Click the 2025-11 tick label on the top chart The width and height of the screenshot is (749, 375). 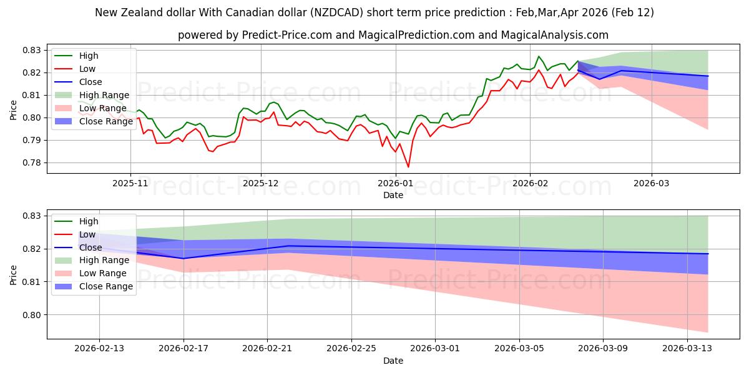[130, 184]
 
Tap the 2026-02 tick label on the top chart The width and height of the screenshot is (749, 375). [530, 184]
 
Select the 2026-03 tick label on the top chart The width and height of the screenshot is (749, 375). [652, 184]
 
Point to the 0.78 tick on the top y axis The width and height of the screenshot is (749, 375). [32, 162]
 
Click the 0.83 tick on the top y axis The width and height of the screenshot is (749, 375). [32, 50]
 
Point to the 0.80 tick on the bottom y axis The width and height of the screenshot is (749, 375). [32, 315]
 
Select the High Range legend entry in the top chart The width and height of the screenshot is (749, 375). [104, 95]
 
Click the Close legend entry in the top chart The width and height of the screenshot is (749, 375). [91, 82]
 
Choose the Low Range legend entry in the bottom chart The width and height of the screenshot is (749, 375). [103, 273]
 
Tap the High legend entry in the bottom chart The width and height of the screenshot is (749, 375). [89, 221]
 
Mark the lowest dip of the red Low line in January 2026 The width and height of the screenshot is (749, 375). [408, 167]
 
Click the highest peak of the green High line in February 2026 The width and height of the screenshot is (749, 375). [539, 56]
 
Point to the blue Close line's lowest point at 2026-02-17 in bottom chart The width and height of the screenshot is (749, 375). [184, 258]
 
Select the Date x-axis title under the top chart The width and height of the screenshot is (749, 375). [393, 195]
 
